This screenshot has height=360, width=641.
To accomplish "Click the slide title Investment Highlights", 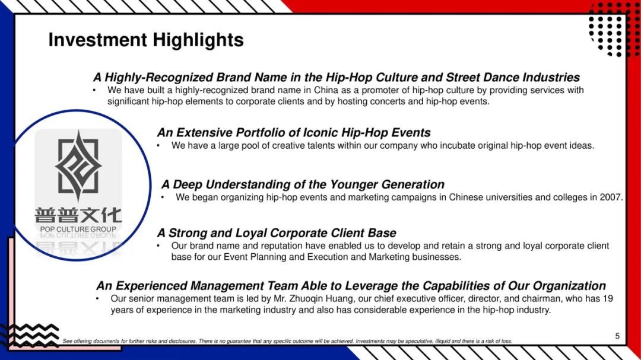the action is point(146,40).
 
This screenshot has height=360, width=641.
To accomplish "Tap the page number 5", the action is point(617,336).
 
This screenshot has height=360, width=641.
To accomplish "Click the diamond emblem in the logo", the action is point(78,166).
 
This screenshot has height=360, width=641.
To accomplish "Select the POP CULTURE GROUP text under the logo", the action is point(78,230).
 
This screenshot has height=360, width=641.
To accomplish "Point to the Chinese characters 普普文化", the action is point(78,215).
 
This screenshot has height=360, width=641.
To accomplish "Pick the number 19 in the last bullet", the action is point(608,299).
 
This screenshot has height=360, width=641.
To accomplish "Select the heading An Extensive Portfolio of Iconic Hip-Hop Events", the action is point(294,132).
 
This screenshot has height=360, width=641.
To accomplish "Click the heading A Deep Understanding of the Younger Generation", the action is point(303,184).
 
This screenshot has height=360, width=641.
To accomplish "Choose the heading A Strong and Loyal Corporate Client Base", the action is point(277,233).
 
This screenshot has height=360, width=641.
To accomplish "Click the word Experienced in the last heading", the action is point(151,286).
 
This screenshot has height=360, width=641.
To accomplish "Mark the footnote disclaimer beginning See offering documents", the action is point(287,341).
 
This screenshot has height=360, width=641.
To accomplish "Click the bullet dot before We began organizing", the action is point(162,197).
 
